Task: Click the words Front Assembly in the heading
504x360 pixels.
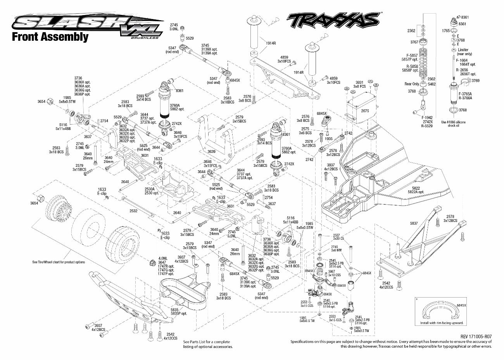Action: click(50, 37)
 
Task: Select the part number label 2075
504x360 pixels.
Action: click(366, 111)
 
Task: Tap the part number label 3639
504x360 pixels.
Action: click(212, 152)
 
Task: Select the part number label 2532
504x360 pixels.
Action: click(133, 211)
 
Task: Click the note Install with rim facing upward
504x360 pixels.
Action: click(441, 323)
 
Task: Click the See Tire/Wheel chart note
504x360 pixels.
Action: click(59, 262)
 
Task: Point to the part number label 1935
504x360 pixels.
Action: click(329, 138)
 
